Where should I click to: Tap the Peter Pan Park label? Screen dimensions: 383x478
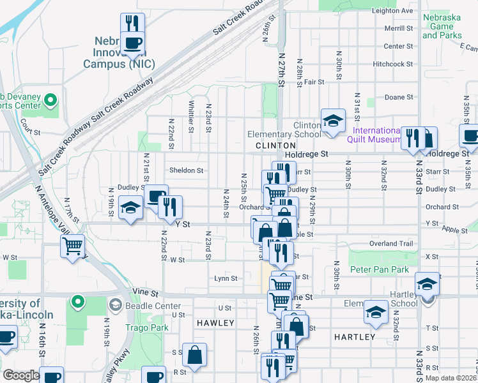380,269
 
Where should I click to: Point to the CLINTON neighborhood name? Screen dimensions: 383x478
275,146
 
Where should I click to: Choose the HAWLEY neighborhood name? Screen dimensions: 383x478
215,323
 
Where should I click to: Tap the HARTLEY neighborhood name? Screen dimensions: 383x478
355,336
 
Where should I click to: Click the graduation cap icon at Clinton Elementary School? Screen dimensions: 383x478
333,120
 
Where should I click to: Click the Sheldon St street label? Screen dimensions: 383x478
186,170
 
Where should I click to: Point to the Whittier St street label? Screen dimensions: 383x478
191,117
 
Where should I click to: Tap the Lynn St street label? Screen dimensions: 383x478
226,278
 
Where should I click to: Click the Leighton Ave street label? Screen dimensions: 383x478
392,11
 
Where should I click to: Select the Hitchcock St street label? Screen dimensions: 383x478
394,64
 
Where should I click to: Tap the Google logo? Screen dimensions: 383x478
21,375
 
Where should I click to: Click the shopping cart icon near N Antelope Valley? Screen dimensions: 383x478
72,244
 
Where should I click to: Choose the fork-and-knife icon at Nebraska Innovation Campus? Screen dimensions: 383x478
133,24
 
